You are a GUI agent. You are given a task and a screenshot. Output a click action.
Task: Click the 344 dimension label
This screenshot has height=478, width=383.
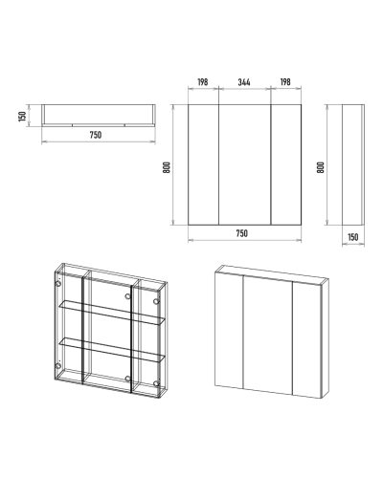click(x=244, y=82)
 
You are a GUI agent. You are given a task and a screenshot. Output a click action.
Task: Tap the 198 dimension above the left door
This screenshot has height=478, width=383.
click(x=203, y=82)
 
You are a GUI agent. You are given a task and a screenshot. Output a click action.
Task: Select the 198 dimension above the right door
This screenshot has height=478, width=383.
click(x=285, y=82)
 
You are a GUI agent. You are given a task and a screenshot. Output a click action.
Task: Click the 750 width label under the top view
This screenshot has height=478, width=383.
click(x=96, y=135)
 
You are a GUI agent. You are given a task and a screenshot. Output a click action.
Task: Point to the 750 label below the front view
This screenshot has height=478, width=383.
click(x=242, y=233)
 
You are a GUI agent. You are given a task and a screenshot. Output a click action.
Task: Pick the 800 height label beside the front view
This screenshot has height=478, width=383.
click(x=167, y=167)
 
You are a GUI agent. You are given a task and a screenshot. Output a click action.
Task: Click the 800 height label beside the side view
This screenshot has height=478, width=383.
click(x=320, y=167)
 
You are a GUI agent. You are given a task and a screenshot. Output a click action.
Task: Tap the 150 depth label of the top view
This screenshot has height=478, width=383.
click(x=22, y=117)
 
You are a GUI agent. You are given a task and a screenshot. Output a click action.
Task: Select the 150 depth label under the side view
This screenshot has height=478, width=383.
click(x=353, y=237)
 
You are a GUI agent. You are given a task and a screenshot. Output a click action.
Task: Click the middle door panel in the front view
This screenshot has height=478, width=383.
click(x=245, y=164)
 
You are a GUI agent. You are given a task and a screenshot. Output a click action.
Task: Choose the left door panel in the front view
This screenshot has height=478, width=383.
click(x=204, y=164)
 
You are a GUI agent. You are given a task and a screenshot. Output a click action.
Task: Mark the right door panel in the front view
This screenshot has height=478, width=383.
click(x=286, y=164)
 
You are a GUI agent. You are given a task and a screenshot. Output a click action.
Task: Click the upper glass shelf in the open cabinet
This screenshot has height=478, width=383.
click(x=112, y=312)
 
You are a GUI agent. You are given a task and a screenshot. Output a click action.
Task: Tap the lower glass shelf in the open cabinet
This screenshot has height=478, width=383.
click(x=112, y=350)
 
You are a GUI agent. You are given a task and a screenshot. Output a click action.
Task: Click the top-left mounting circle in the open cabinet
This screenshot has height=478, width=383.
click(x=58, y=284)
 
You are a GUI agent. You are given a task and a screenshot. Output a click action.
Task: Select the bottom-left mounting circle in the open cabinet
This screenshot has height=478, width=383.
click(x=58, y=365)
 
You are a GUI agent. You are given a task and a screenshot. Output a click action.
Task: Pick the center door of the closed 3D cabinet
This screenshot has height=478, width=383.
click(x=268, y=334)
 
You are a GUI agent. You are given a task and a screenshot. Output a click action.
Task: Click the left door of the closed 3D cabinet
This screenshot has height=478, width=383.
click(x=229, y=330)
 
